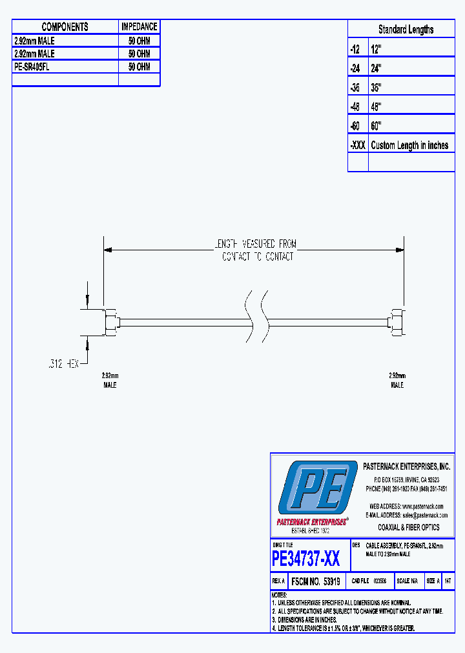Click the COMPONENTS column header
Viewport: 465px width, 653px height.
pyautogui.click(x=65, y=27)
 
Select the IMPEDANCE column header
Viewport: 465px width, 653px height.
pyautogui.click(x=139, y=27)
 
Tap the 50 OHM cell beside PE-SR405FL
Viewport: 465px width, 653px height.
pyautogui.click(x=139, y=67)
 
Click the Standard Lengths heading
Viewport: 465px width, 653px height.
pyautogui.click(x=406, y=30)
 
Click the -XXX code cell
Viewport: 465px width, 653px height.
pyautogui.click(x=357, y=145)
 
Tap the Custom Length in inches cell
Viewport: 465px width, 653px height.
pyautogui.click(x=409, y=145)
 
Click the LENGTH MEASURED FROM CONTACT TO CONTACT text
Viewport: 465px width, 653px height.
pyautogui.click(x=256, y=250)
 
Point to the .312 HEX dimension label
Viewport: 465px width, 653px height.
pyautogui.click(x=63, y=364)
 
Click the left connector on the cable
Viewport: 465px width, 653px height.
pyautogui.click(x=110, y=321)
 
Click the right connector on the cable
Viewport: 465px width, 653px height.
pyautogui.click(x=397, y=321)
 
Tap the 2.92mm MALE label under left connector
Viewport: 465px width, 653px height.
pyautogui.click(x=110, y=380)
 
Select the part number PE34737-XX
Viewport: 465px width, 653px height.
pyautogui.click(x=305, y=558)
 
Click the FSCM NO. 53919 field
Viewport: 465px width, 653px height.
pyautogui.click(x=316, y=581)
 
